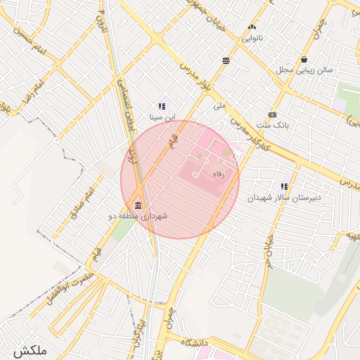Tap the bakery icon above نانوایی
coord(252,27)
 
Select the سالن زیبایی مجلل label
coord(302,70)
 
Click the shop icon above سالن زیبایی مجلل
coord(304,60)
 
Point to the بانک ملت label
coord(272,126)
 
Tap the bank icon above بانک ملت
coord(272,115)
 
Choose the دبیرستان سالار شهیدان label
coord(284,198)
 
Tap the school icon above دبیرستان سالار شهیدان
coord(284,187)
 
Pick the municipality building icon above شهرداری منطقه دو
coord(136,207)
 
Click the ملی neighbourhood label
coord(219,107)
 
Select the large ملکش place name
coord(29,349)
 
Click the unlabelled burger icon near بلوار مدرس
coord(226,60)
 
